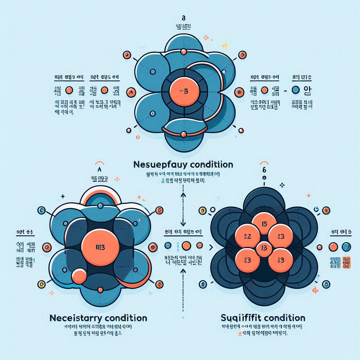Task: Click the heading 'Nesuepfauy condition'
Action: coord(184,165)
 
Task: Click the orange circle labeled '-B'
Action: coord(184,91)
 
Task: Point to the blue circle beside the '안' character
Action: coord(296,90)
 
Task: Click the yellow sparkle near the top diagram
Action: coord(226,46)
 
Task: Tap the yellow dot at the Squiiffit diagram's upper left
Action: coord(202,210)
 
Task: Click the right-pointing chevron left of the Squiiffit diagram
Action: coord(211,247)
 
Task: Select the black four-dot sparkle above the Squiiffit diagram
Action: coord(281,184)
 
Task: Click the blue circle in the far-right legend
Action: coord(346,246)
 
